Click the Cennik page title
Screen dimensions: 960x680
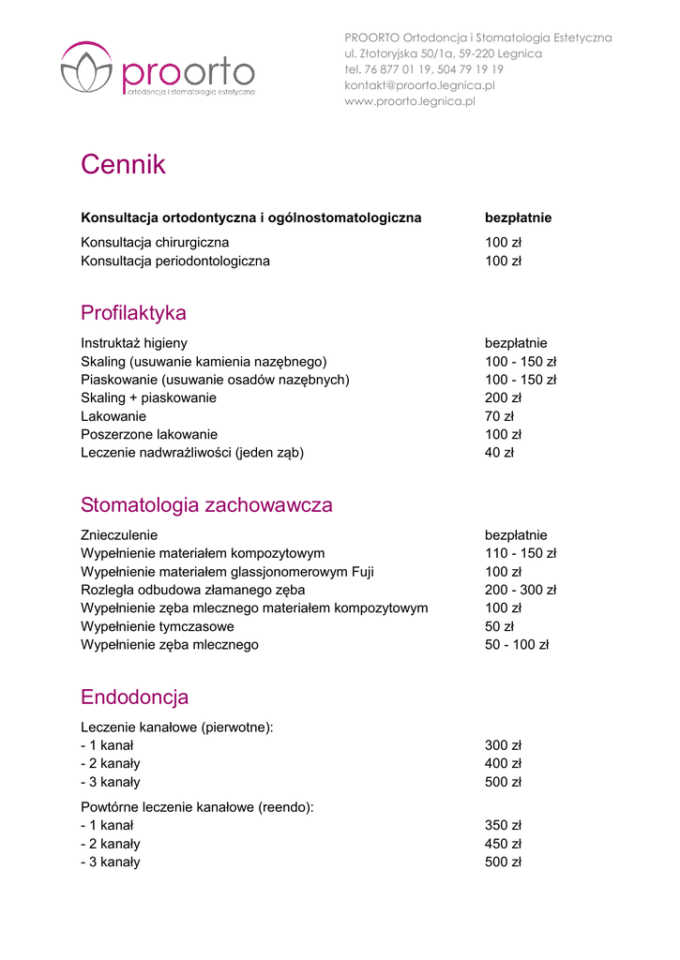pyautogui.click(x=123, y=165)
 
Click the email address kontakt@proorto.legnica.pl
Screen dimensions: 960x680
pyautogui.click(x=419, y=85)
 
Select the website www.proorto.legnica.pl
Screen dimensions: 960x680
pyautogui.click(x=410, y=101)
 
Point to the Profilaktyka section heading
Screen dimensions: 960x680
pyautogui.click(x=133, y=313)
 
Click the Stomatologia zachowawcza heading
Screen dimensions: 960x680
pyautogui.click(x=206, y=505)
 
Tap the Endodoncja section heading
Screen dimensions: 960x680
pyautogui.click(x=134, y=697)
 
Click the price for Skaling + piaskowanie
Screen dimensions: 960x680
pyautogui.click(x=503, y=398)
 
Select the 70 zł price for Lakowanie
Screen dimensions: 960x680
pyautogui.click(x=499, y=416)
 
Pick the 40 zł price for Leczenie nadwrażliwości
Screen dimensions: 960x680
pyautogui.click(x=499, y=453)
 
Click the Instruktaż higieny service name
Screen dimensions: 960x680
pyautogui.click(x=134, y=344)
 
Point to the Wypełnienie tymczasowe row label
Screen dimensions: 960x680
pyautogui.click(x=158, y=627)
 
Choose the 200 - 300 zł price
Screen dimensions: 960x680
pyautogui.click(x=521, y=591)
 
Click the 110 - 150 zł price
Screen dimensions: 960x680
pyautogui.click(x=521, y=554)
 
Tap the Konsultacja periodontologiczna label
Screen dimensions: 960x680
pyautogui.click(x=175, y=262)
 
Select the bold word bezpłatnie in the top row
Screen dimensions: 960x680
pyautogui.click(x=518, y=218)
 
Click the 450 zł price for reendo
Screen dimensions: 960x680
pyautogui.click(x=503, y=845)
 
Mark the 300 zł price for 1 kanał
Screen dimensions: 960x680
pyautogui.click(x=503, y=746)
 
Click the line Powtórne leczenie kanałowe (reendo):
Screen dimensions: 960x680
pyautogui.click(x=197, y=807)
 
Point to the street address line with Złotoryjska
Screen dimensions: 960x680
pyautogui.click(x=443, y=53)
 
